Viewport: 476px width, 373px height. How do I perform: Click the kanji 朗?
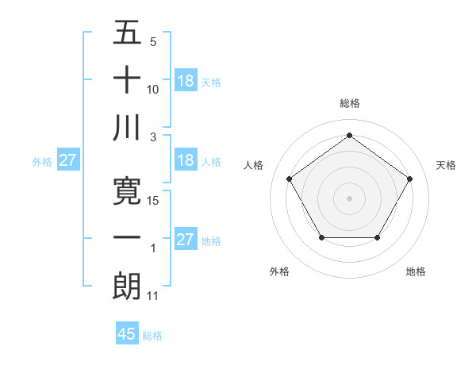click(x=127, y=285)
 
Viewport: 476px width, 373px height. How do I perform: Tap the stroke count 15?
click(x=154, y=201)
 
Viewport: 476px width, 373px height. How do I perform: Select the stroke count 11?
click(x=154, y=296)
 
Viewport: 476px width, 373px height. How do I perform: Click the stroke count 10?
click(x=154, y=90)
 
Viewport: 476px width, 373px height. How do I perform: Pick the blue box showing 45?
click(x=127, y=334)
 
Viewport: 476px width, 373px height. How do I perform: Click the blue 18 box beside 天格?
click(x=185, y=81)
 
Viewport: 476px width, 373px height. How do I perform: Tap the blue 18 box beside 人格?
click(x=185, y=160)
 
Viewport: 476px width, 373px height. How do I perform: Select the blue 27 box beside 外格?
click(x=67, y=160)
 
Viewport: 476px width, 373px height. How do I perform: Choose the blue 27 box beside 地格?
click(x=185, y=240)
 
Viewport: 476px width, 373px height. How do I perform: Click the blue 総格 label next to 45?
click(x=152, y=336)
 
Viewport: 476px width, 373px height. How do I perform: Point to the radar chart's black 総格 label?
click(x=349, y=103)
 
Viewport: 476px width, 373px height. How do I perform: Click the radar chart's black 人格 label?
click(x=254, y=165)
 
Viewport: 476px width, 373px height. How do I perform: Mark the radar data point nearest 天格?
click(x=409, y=179)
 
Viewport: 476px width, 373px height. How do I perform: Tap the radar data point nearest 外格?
click(x=321, y=237)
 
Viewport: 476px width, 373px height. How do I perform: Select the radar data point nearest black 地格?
click(x=377, y=237)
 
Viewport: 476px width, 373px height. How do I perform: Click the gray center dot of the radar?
click(x=349, y=198)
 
